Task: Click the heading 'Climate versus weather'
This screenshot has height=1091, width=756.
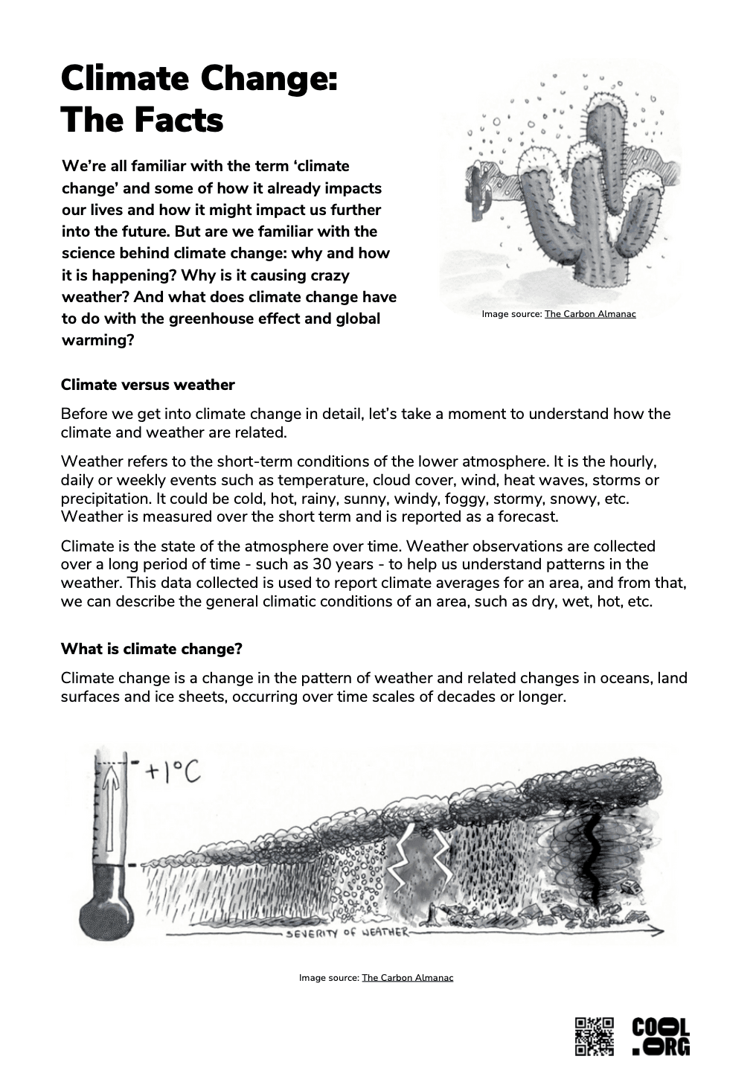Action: click(x=147, y=385)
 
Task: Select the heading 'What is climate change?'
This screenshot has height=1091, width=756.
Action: click(x=151, y=649)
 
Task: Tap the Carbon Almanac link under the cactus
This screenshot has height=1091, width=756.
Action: click(x=590, y=314)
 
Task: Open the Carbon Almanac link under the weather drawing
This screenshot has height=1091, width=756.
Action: click(x=407, y=977)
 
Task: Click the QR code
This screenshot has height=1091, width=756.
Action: click(x=594, y=1035)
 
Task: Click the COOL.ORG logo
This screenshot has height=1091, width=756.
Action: click(x=660, y=1035)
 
